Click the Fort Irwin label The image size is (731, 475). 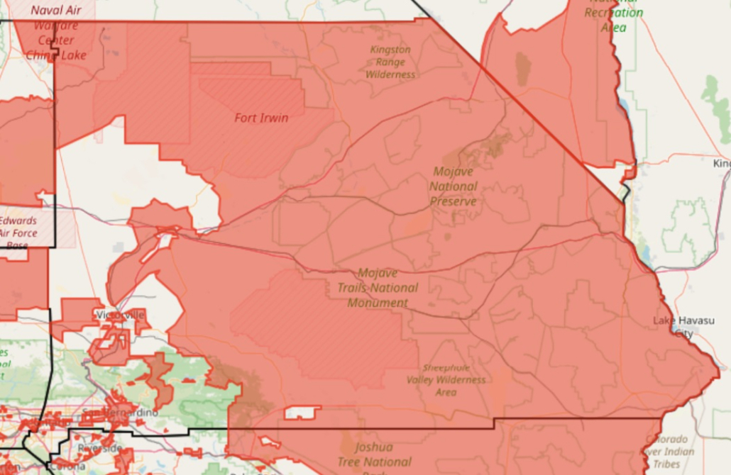[261, 118]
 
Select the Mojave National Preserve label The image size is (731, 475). [453, 186]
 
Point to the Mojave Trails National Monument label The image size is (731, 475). [378, 288]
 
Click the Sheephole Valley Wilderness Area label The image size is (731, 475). [446, 380]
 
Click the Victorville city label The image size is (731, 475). [120, 314]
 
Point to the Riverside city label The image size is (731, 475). [100, 448]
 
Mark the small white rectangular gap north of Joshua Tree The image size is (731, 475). [302, 412]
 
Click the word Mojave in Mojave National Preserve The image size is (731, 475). [453, 172]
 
